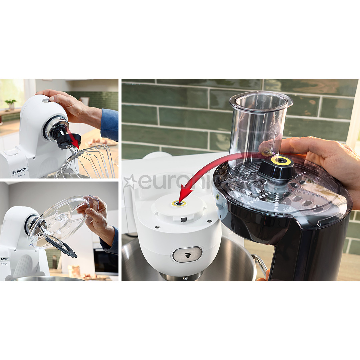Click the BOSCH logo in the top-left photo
(x=21, y=170)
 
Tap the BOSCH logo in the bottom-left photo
(x=5, y=259)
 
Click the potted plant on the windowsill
(x=11, y=104)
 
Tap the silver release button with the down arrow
(x=187, y=254)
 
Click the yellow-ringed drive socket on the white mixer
(x=179, y=203)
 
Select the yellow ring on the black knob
(x=281, y=160)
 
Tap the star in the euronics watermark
(x=130, y=182)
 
